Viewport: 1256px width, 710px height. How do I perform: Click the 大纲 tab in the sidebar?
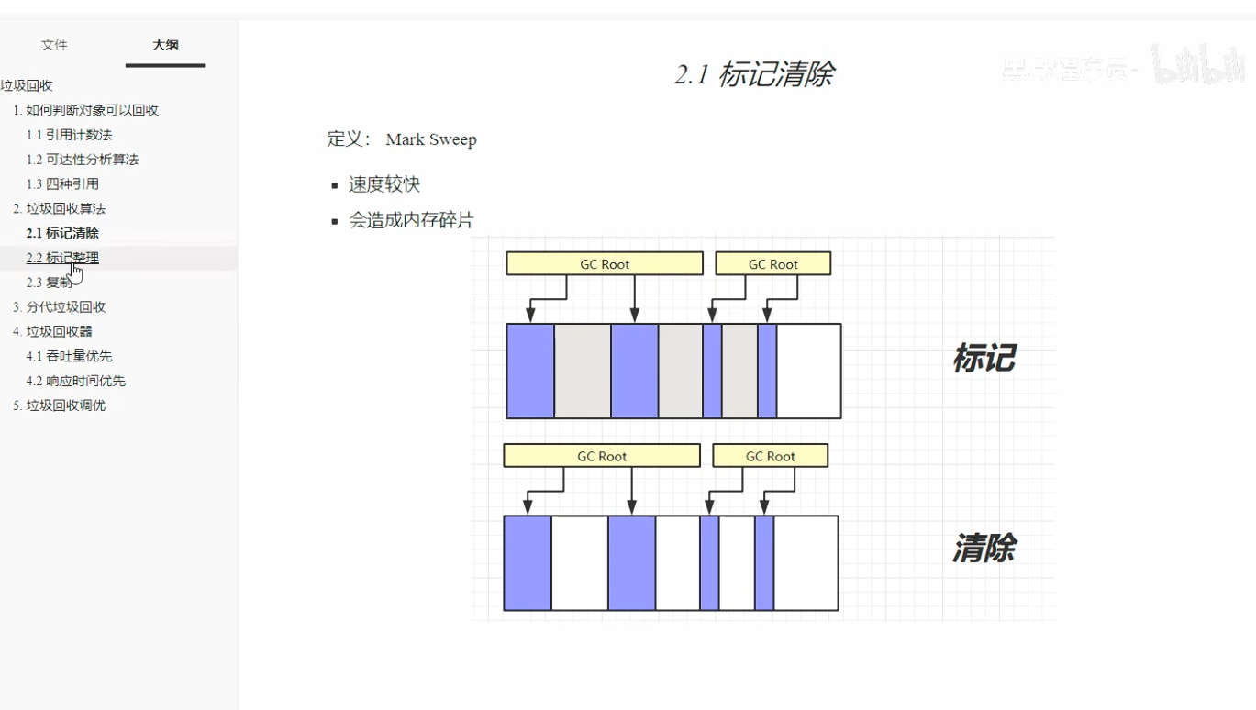(x=165, y=45)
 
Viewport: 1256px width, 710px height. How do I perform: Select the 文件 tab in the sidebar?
(x=54, y=45)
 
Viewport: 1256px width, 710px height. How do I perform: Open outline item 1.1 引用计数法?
(x=69, y=135)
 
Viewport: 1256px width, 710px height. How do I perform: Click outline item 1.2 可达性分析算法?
(x=83, y=160)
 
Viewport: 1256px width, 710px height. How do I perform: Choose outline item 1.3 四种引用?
(x=62, y=184)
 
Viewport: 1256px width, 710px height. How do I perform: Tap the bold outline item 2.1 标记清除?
(x=62, y=234)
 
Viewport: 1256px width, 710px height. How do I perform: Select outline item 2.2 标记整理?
(x=62, y=258)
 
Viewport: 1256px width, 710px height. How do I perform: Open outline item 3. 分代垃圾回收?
(x=60, y=307)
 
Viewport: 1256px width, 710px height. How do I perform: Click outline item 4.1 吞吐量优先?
(x=69, y=356)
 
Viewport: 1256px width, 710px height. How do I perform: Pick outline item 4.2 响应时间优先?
(x=75, y=381)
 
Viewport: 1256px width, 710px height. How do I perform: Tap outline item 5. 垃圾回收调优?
(x=60, y=405)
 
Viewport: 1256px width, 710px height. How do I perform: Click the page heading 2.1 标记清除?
(x=754, y=74)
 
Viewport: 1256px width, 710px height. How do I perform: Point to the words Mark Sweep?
(x=431, y=140)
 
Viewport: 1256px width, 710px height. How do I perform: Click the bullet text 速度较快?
(x=384, y=184)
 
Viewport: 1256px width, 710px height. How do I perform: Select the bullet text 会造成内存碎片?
(x=411, y=221)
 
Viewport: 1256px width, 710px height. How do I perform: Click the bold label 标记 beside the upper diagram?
(x=984, y=358)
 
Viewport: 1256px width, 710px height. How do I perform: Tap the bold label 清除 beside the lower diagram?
(x=984, y=549)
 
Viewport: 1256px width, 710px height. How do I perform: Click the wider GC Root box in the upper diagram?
(x=605, y=264)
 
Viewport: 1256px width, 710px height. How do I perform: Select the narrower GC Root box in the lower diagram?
(x=770, y=456)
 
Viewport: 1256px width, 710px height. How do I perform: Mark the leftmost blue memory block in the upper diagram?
(x=530, y=371)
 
